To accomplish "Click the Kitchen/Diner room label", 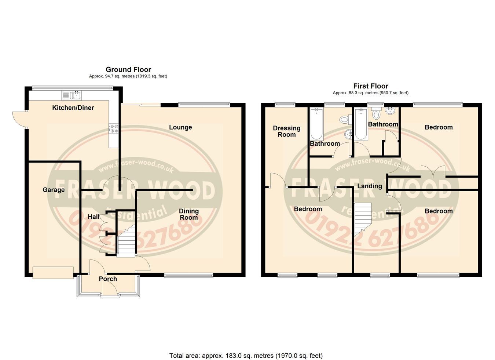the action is (73, 108).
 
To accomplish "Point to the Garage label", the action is (54, 190).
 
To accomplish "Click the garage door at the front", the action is (53, 272).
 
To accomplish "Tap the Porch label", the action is (108, 279).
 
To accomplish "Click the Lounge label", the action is (180, 127).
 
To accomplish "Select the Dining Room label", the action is (189, 214).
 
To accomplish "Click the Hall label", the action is (93, 217).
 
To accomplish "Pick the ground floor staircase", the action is (126, 241).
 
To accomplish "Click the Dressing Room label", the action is (287, 131).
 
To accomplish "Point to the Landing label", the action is (370, 186).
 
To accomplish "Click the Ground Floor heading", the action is (128, 70).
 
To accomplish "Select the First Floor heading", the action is (371, 86).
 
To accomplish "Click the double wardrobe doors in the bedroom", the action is (433, 172).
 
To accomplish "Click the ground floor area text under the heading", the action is (128, 76).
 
